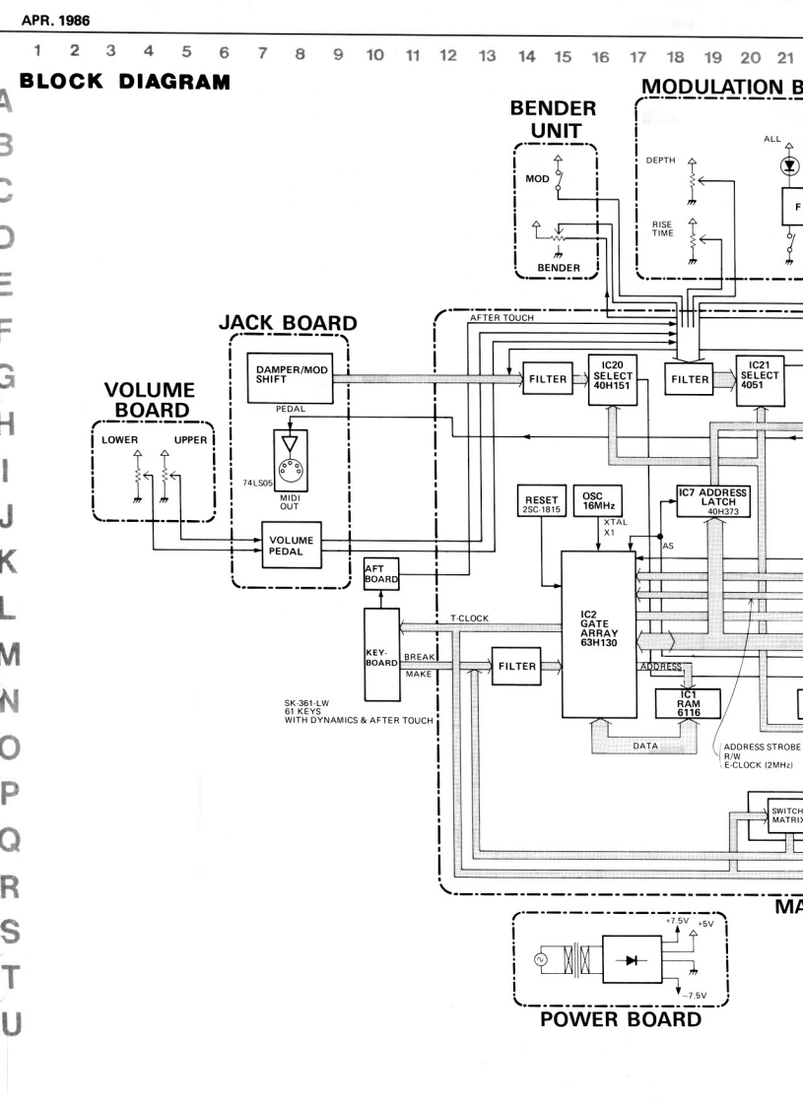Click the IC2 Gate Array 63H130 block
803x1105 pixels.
click(x=598, y=634)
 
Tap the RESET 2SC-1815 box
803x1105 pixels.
click(x=542, y=505)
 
